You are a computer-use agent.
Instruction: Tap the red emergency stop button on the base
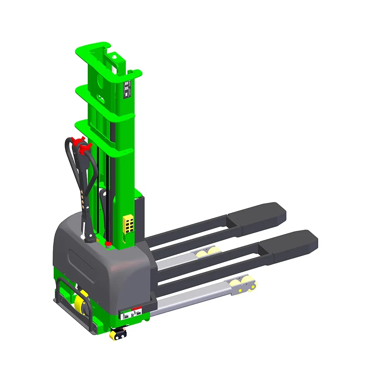click(108, 244)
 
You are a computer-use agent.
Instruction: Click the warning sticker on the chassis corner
click(131, 314)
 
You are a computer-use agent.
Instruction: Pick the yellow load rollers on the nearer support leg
click(241, 285)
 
